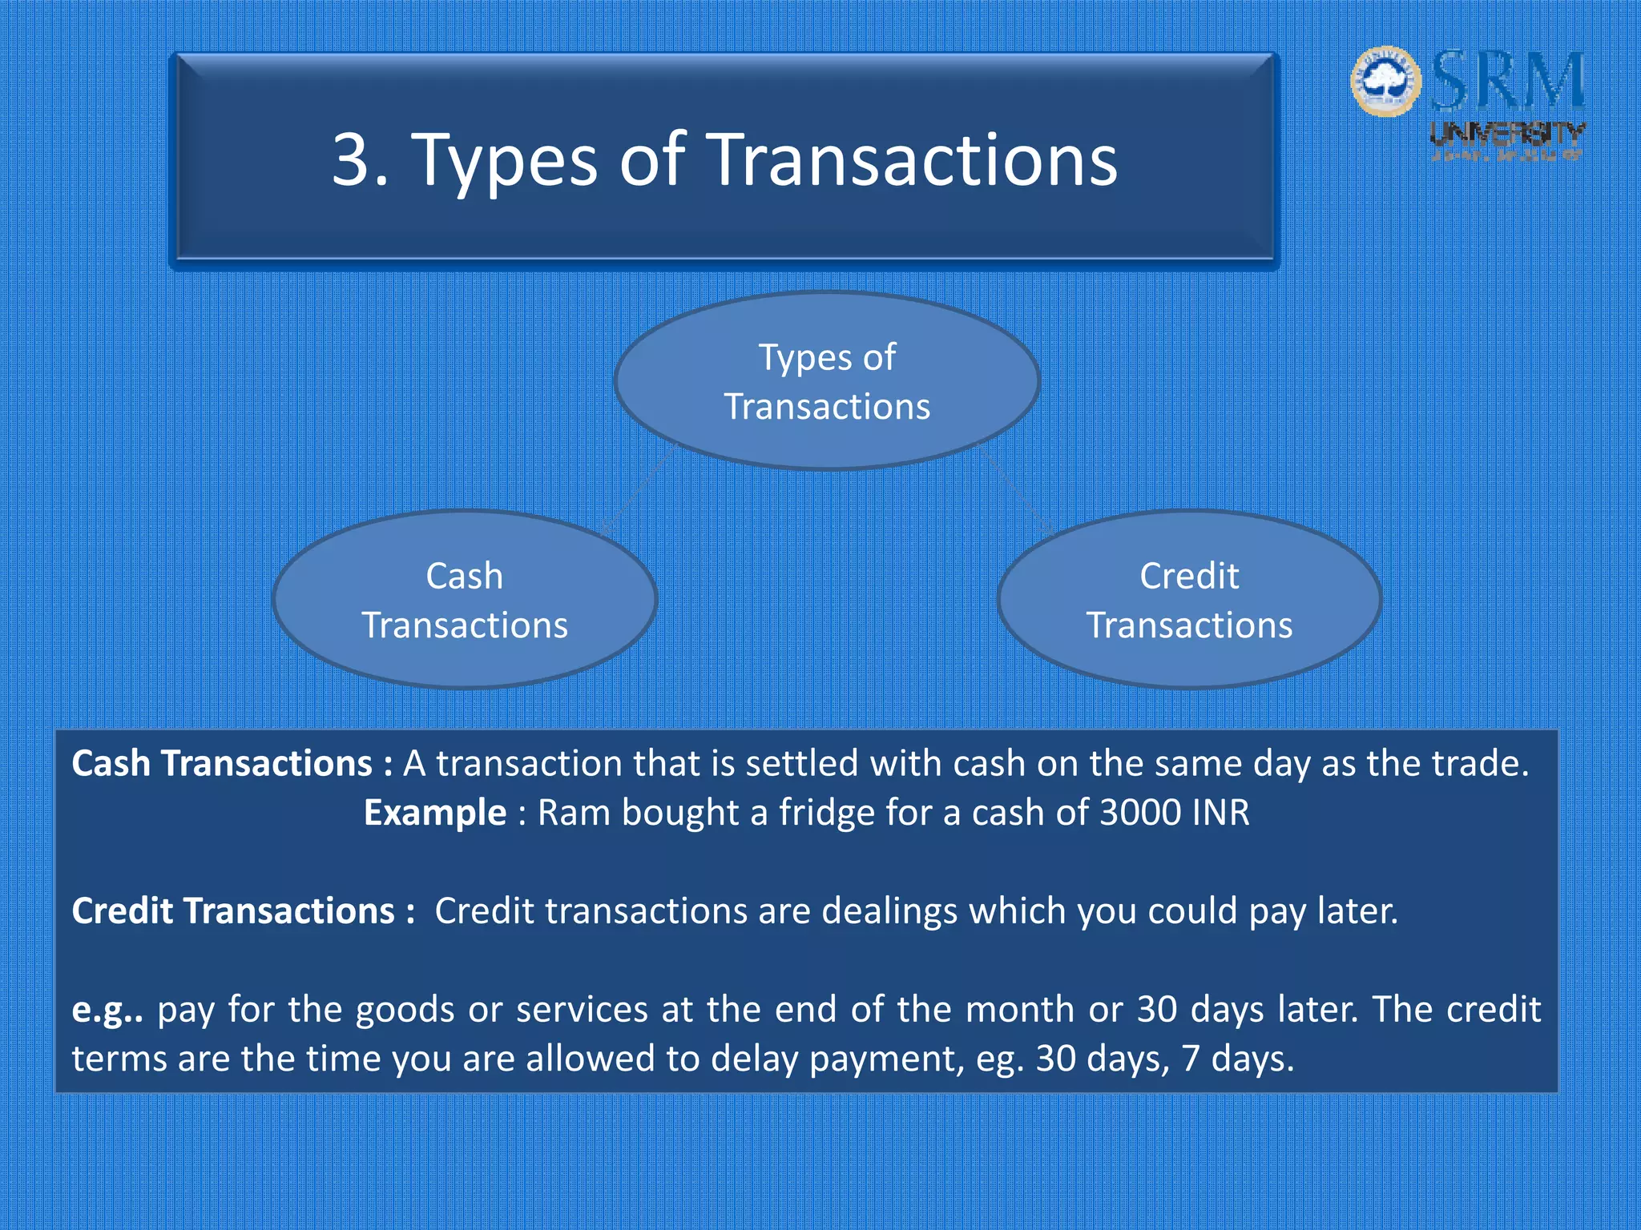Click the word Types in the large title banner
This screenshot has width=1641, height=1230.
(x=505, y=160)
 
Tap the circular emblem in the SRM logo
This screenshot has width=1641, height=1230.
(x=1385, y=81)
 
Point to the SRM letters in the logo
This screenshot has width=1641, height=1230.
(x=1508, y=81)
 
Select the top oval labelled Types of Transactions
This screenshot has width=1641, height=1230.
(x=827, y=381)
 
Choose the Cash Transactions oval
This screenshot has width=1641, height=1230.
(x=465, y=600)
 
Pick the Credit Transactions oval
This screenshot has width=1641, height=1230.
(x=1189, y=600)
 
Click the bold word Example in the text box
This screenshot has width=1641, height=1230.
(x=435, y=813)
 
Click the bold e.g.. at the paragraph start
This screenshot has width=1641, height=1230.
(x=107, y=1011)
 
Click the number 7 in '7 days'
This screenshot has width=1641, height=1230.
(x=1191, y=1059)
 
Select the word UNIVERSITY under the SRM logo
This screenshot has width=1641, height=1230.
(x=1507, y=133)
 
